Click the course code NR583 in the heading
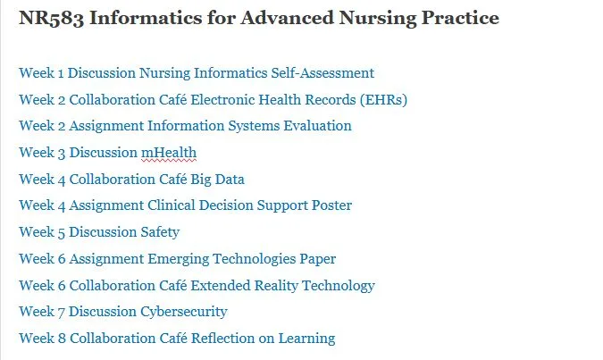51,18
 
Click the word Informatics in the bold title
146,18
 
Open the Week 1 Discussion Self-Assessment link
197,73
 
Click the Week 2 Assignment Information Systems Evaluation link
185,126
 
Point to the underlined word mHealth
169,153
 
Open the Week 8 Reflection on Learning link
177,339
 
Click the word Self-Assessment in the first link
322,73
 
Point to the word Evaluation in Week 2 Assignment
317,126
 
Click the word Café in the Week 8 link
173,339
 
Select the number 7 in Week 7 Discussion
61,313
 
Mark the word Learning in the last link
306,339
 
